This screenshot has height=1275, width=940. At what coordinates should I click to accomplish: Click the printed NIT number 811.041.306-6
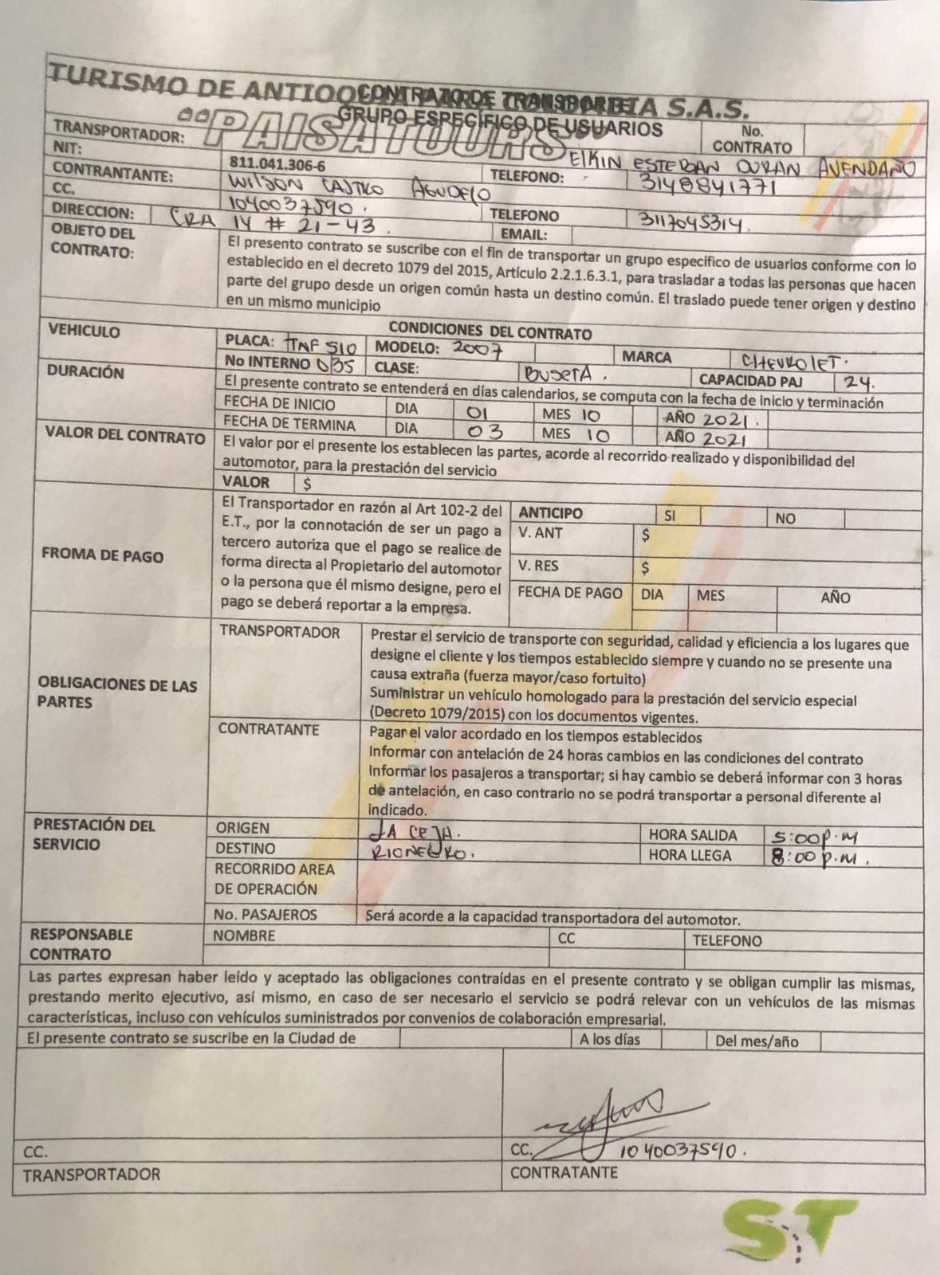tap(277, 164)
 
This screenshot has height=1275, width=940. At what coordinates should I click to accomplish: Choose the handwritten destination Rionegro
tap(423, 852)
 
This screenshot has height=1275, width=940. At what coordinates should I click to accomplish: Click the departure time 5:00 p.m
tap(812, 838)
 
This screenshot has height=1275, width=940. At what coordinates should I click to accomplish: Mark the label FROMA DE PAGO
tap(102, 555)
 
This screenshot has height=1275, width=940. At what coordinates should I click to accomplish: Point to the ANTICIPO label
tap(550, 513)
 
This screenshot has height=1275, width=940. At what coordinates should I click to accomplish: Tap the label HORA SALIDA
tap(692, 835)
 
